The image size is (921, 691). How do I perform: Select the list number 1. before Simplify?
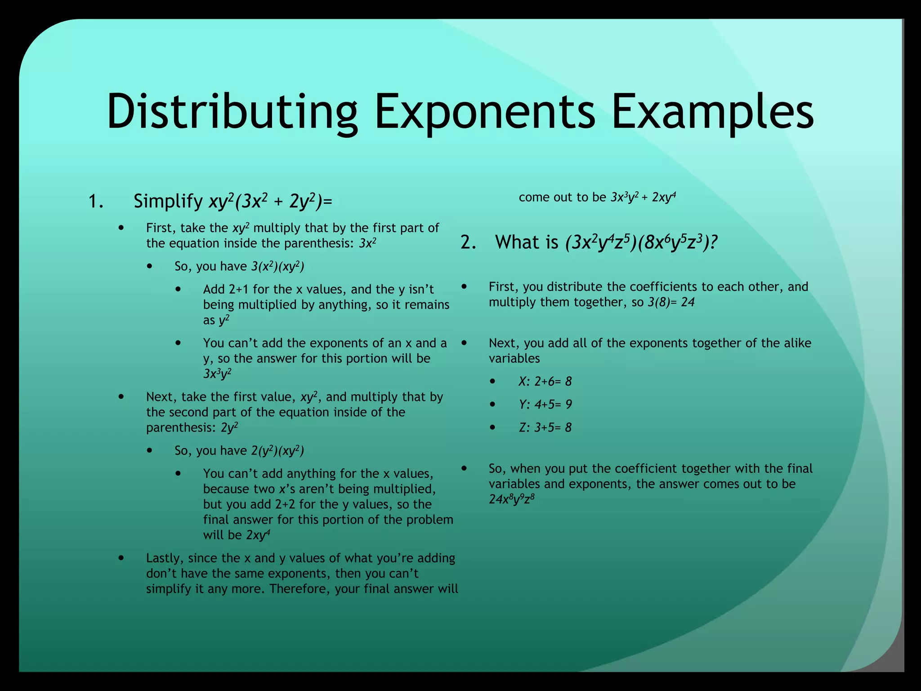96,202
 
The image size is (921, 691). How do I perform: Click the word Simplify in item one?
168,202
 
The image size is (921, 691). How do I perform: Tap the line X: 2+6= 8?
545,381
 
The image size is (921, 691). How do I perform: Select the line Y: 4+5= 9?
545,404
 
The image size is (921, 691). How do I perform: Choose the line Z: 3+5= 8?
545,427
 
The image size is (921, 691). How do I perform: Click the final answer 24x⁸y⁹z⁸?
512,499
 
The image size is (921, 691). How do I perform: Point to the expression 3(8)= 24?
671,302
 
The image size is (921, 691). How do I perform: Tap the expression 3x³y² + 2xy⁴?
643,197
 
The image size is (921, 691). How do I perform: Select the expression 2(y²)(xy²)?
277,451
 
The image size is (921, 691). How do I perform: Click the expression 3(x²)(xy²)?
277,267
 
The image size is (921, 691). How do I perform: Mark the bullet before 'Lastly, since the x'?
121,558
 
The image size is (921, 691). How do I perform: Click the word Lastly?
165,559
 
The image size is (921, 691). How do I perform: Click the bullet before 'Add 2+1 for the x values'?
179,289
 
